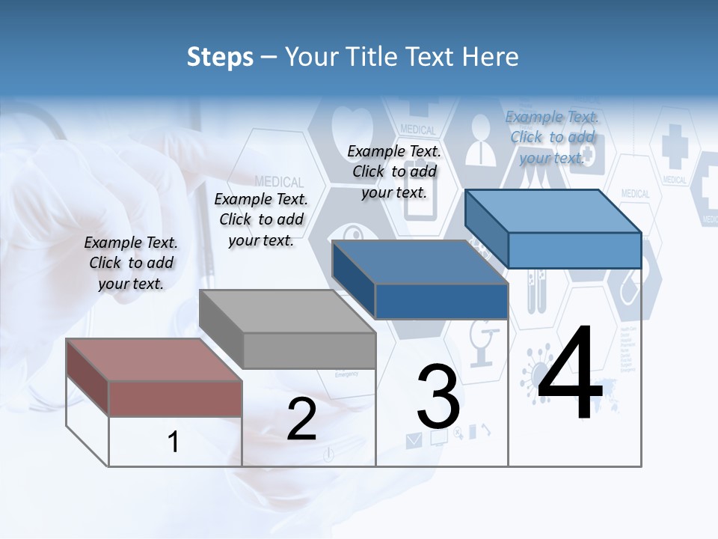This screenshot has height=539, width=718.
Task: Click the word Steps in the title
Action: click(x=220, y=57)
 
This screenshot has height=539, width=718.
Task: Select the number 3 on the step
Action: click(x=438, y=397)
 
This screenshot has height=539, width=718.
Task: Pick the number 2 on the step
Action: click(x=301, y=419)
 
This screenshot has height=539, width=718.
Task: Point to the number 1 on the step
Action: click(x=174, y=442)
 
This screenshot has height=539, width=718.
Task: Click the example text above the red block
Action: click(x=131, y=263)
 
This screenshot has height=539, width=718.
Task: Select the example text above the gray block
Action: click(x=261, y=219)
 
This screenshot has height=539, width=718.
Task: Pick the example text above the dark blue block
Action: click(x=394, y=171)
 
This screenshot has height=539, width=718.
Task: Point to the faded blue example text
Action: click(x=552, y=137)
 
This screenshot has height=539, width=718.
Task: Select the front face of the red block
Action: click(x=175, y=398)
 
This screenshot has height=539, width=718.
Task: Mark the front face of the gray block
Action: click(x=310, y=350)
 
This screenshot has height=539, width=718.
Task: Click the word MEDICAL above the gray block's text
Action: click(x=279, y=182)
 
